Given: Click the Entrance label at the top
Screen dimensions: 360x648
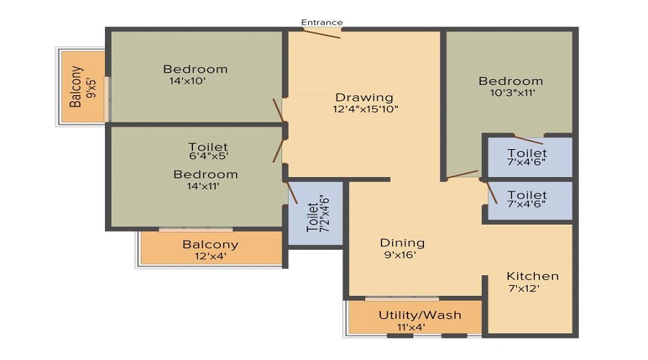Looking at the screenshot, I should pyautogui.click(x=322, y=22).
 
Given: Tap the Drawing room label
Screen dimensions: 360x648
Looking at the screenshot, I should pyautogui.click(x=364, y=97).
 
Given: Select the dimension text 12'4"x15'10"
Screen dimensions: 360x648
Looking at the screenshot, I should pyautogui.click(x=365, y=109).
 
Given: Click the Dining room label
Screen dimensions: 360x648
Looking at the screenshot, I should pyautogui.click(x=402, y=243).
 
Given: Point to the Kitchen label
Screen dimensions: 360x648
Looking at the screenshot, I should pyautogui.click(x=532, y=276).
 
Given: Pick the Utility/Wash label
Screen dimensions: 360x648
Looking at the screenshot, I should pyautogui.click(x=420, y=315).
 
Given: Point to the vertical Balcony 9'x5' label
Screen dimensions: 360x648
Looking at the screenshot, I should pyautogui.click(x=82, y=87).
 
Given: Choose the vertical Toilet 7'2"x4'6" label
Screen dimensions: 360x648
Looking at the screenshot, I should pyautogui.click(x=318, y=214).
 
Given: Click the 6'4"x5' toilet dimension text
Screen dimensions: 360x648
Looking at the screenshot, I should pyautogui.click(x=208, y=156).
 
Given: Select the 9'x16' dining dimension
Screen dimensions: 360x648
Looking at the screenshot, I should pyautogui.click(x=400, y=254).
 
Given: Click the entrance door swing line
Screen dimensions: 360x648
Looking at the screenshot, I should pyautogui.click(x=321, y=34).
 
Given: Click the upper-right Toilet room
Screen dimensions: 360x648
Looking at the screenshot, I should pyautogui.click(x=529, y=157).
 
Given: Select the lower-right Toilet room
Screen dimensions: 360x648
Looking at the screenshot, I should pyautogui.click(x=529, y=199).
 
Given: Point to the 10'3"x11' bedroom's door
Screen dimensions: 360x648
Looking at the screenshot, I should pyautogui.click(x=462, y=174).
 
